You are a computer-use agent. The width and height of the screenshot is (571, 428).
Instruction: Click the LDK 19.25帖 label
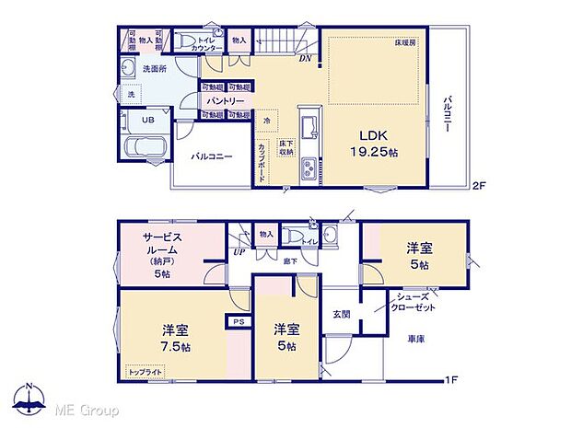tap(371, 142)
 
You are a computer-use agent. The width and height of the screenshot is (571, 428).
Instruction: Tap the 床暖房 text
tap(407, 43)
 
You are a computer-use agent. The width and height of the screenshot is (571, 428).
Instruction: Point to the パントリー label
tap(225, 101)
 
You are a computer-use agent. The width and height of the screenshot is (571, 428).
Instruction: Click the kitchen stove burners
tap(307, 168)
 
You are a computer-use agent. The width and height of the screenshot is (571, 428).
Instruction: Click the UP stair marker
tap(239, 251)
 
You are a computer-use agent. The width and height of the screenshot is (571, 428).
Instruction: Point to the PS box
tap(239, 321)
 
